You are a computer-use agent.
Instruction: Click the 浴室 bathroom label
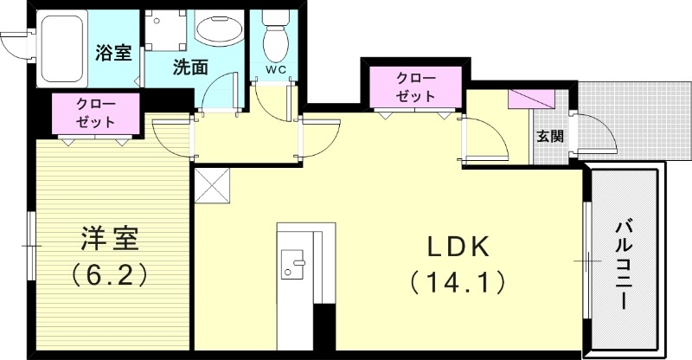click(x=112, y=52)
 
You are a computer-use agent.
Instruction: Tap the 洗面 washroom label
click(x=189, y=67)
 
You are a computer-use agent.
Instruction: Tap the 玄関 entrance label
click(x=549, y=136)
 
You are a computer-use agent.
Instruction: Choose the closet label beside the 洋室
click(x=94, y=112)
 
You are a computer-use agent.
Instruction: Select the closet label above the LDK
click(x=415, y=87)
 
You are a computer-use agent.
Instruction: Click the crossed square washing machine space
click(x=165, y=33)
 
